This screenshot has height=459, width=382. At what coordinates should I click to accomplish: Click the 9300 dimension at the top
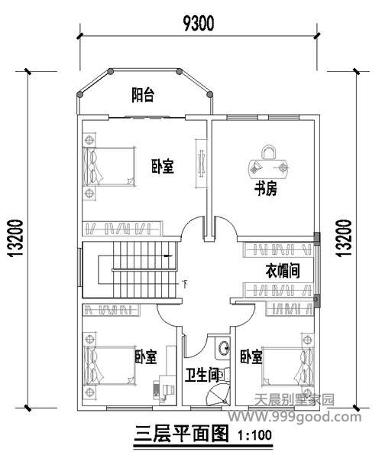point(197,22)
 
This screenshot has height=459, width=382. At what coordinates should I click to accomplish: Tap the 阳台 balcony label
point(143,95)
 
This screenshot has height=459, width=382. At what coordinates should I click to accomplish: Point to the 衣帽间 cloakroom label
point(281,270)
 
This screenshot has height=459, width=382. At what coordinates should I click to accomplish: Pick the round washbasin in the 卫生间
point(223,350)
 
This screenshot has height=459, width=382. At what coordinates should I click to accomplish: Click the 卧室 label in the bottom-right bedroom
point(251,357)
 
